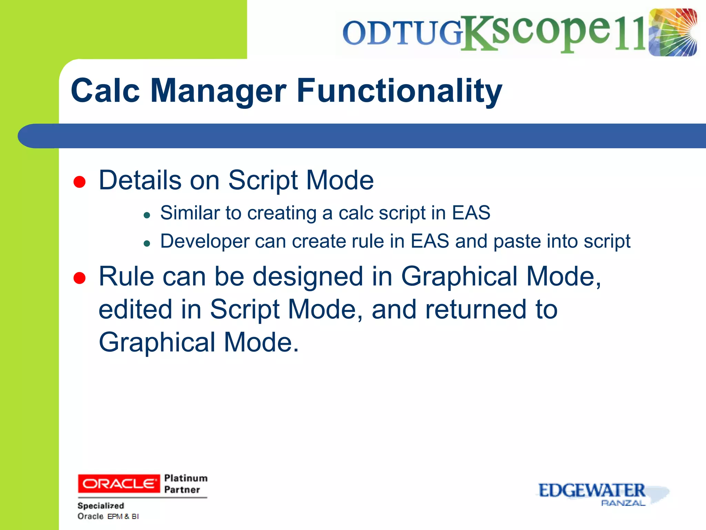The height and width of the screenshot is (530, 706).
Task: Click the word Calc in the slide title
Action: pyautogui.click(x=105, y=90)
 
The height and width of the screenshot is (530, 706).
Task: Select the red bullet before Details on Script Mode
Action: pyautogui.click(x=80, y=182)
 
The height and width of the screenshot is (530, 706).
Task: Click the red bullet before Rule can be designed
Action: pyautogui.click(x=80, y=278)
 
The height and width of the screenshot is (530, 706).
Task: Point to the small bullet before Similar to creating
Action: pyautogui.click(x=147, y=216)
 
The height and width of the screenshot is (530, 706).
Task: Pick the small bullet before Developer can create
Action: pyautogui.click(x=147, y=244)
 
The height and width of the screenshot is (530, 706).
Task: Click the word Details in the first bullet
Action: pyautogui.click(x=140, y=180)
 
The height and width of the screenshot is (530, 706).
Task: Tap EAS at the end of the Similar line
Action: pyautogui.click(x=471, y=213)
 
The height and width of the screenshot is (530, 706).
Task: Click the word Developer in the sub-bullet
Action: pyautogui.click(x=205, y=242)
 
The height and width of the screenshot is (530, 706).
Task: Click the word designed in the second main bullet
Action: pyautogui.click(x=308, y=277)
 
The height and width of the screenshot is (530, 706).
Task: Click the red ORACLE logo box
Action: pyautogui.click(x=119, y=484)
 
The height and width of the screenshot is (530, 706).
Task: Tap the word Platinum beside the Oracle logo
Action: pyautogui.click(x=186, y=478)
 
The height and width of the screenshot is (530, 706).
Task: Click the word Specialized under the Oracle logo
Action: pyautogui.click(x=101, y=506)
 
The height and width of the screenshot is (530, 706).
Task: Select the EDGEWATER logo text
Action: pyautogui.click(x=592, y=491)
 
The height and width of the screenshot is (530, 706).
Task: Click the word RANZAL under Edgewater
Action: pyautogui.click(x=623, y=503)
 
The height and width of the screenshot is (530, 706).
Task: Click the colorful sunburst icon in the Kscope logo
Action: pyautogui.click(x=673, y=32)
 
